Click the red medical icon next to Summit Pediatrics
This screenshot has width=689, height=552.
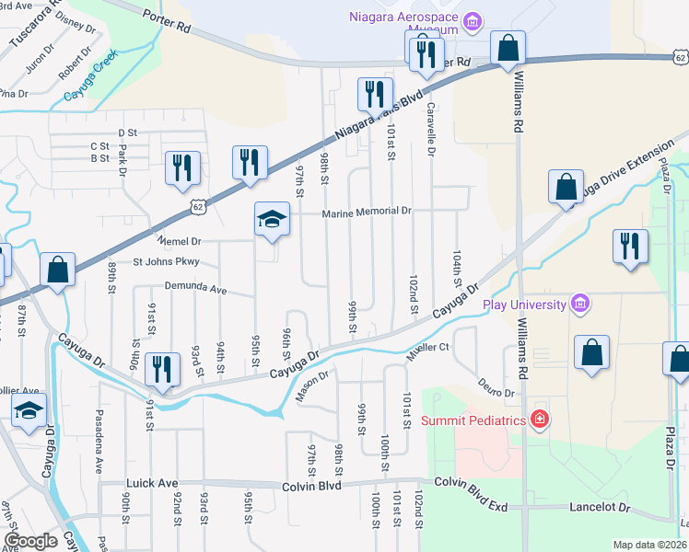pyautogui.click(x=540, y=420)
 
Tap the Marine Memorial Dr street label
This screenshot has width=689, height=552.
pyautogui.click(x=366, y=212)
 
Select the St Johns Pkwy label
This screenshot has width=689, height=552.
pyautogui.click(x=167, y=262)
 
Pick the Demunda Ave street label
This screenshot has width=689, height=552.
pyautogui.click(x=195, y=288)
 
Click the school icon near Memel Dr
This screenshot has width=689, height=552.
pyautogui.click(x=272, y=219)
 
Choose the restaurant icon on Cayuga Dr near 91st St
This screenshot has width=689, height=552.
pyautogui.click(x=162, y=369)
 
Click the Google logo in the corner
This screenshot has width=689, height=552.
pyautogui.click(x=31, y=541)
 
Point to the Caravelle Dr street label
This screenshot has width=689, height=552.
pyautogui.click(x=429, y=128)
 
